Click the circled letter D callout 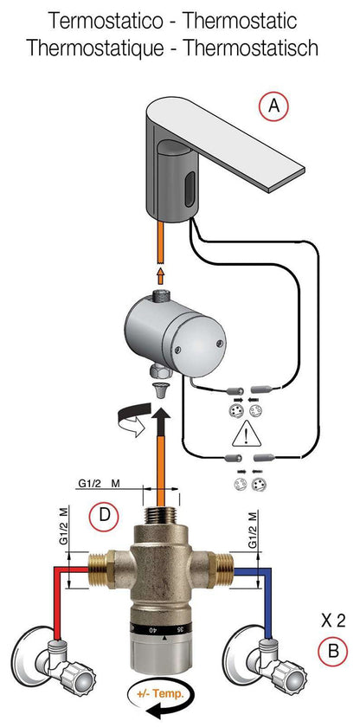tap(104, 517)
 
